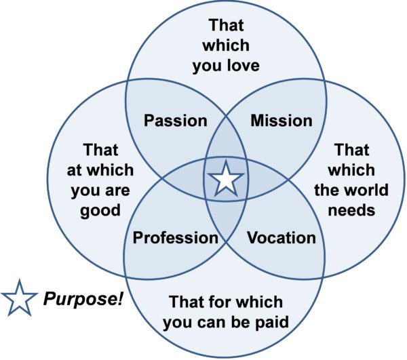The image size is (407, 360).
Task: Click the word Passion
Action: (176, 121)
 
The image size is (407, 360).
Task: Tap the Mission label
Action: (282, 121)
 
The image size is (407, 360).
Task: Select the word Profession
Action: (176, 237)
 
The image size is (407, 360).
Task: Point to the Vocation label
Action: (282, 237)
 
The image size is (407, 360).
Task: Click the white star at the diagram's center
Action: (227, 179)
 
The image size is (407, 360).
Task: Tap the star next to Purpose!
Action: (19, 298)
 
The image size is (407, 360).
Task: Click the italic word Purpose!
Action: (83, 299)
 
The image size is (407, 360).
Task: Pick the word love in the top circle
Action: (244, 65)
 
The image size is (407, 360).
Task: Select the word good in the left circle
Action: (100, 211)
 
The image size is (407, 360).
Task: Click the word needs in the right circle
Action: (351, 210)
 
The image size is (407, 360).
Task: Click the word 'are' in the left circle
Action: (117, 191)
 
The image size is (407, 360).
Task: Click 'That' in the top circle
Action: (227, 25)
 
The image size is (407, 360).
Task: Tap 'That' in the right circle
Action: (351, 150)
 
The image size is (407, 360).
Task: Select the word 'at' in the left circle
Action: (75, 171)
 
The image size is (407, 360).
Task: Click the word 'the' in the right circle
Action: (327, 190)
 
